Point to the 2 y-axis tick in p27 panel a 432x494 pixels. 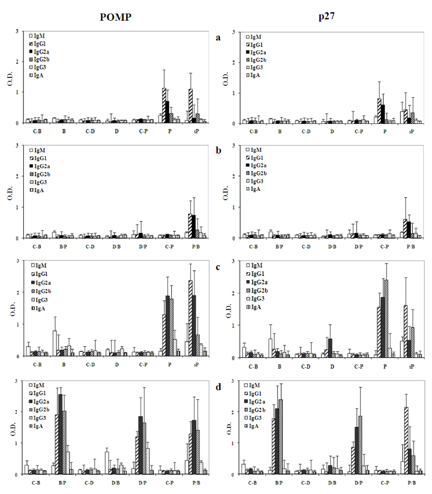[238, 62]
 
